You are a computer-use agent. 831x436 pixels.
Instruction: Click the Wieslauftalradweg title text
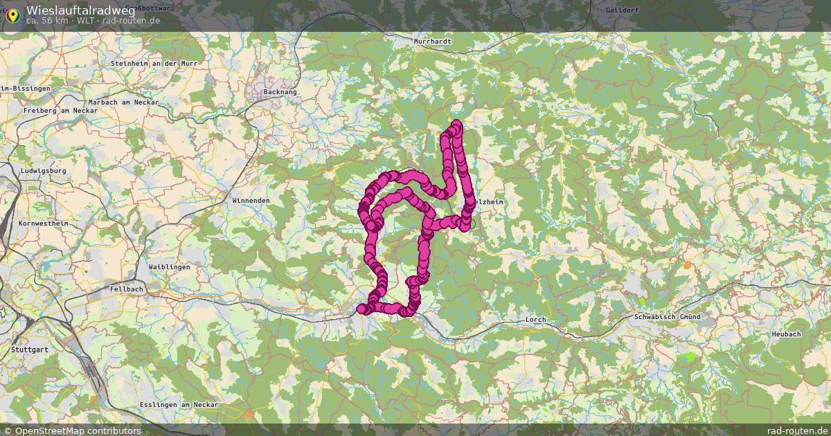[x=80, y=10]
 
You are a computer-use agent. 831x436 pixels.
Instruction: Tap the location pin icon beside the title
[x=12, y=14]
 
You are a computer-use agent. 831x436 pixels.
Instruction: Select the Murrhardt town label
[x=432, y=42]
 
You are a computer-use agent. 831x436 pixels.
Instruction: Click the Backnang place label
[x=280, y=91]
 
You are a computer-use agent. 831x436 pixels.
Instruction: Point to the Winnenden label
[x=251, y=200]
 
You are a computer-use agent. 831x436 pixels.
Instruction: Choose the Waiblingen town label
[x=169, y=266]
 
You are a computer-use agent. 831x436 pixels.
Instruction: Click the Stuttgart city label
[x=30, y=349]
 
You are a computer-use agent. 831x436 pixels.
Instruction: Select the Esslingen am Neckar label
[x=179, y=404]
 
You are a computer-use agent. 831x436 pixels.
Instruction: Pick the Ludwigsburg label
[x=43, y=170]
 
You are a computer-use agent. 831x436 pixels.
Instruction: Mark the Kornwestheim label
[x=44, y=224]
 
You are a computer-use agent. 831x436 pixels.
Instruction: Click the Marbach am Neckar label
[x=124, y=102]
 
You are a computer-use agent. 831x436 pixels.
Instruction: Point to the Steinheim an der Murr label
[x=154, y=63]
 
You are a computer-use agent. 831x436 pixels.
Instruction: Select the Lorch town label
[x=536, y=319]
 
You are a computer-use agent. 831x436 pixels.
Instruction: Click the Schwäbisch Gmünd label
[x=667, y=316]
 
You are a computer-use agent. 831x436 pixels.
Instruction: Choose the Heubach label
[x=786, y=334]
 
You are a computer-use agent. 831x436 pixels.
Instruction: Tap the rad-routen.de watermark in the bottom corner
[x=798, y=430]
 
